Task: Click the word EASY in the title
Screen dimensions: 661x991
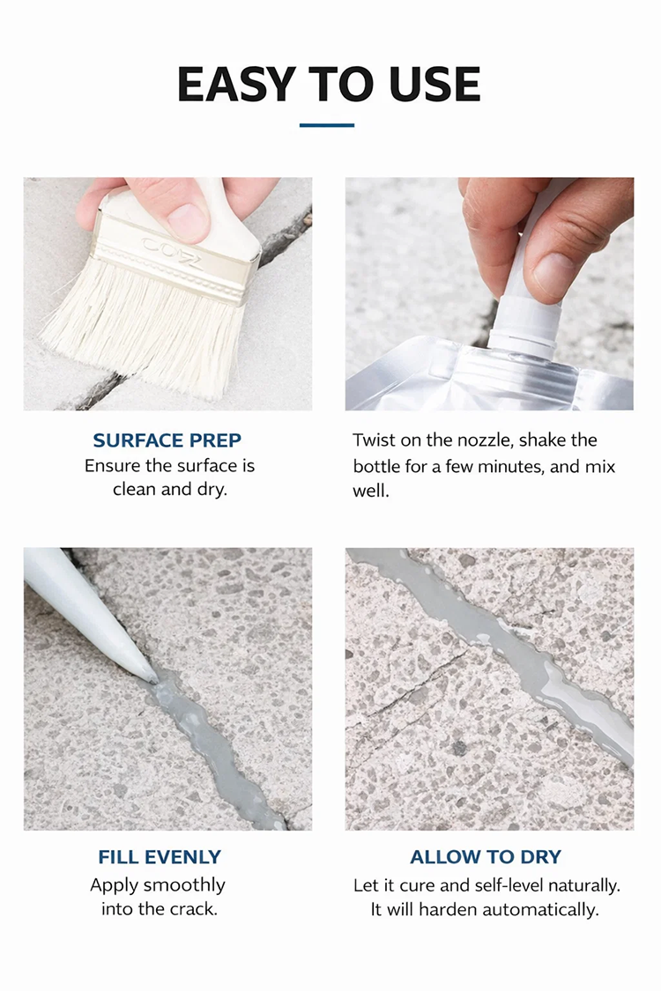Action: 236,84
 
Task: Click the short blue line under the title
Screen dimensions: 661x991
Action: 326,125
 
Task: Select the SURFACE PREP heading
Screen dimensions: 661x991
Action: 167,440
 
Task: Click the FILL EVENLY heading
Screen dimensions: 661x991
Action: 160,856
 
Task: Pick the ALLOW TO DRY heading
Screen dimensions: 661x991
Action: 486,856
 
